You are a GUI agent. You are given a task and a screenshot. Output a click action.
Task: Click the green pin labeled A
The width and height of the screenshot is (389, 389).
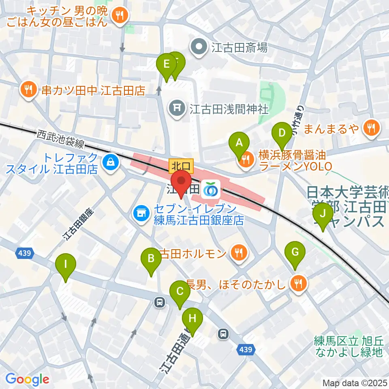click(239, 143)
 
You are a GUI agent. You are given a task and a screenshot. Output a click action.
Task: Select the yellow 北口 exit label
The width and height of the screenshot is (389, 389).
click(181, 165)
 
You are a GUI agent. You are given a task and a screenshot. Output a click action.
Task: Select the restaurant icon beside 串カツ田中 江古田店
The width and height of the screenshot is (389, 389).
click(28, 89)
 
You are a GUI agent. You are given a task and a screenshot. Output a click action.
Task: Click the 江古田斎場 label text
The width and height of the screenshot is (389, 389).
click(239, 48)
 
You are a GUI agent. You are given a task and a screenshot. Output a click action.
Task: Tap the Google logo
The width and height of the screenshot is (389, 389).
click(27, 379)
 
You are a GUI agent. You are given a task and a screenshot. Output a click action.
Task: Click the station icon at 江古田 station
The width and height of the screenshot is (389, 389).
click(211, 189)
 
